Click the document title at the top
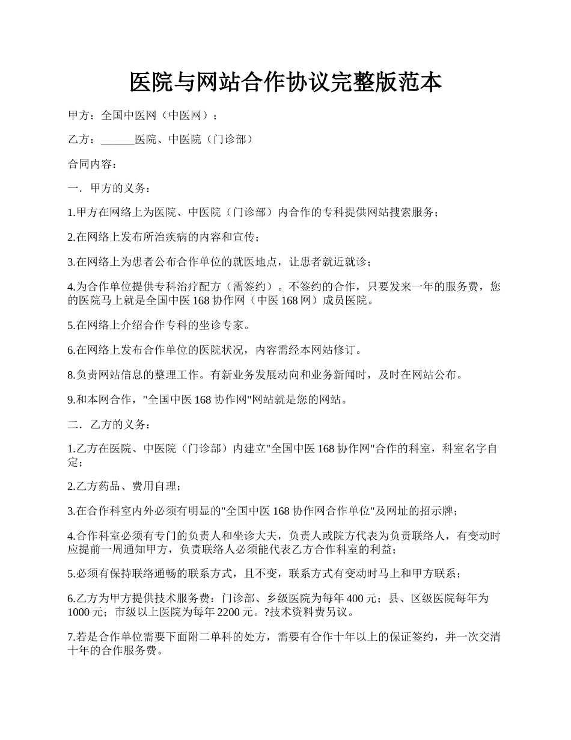click(285, 82)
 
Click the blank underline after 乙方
click(117, 140)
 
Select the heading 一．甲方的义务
click(106, 188)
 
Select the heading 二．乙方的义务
click(106, 424)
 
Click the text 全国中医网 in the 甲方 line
click(129, 115)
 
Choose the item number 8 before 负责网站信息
click(70, 375)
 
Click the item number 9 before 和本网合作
click(70, 399)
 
